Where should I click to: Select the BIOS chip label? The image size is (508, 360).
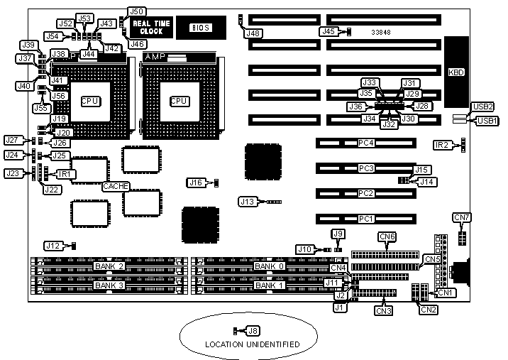201,27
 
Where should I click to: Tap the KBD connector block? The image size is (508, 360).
455,72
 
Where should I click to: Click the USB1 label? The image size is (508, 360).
487,121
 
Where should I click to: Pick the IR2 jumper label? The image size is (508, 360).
442,145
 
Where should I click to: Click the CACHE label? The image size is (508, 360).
115,185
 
